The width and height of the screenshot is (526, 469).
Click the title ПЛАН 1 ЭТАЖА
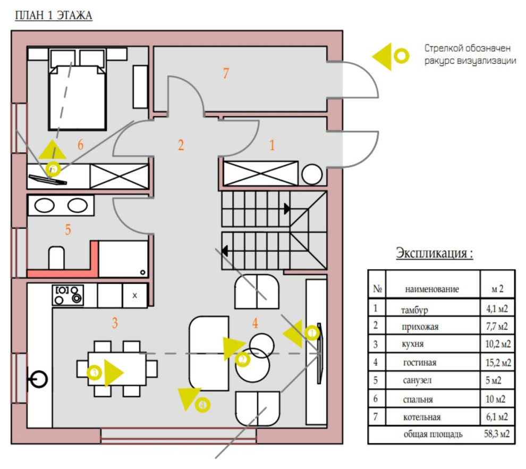coord(54,15)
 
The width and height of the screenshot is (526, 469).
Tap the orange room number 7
coord(226,73)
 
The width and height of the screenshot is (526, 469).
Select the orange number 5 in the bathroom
coord(68,230)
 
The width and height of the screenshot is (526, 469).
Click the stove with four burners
coord(68,295)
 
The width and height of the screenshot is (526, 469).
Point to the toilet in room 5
coord(56,258)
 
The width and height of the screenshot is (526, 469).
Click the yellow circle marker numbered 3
coord(94,373)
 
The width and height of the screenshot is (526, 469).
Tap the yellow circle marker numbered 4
coord(202,405)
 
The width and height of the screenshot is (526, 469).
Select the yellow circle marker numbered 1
coord(312,333)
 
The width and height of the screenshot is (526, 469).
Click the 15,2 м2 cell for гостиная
coord(498,363)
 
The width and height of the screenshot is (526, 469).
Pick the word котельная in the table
coord(422,417)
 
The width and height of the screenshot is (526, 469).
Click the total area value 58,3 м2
coord(497,434)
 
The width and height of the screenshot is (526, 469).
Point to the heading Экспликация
coord(435,253)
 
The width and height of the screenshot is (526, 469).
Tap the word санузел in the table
coord(417,380)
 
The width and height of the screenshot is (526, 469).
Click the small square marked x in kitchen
coord(135,296)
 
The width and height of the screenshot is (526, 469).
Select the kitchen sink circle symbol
coord(38,379)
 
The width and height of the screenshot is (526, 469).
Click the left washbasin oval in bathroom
coord(44,205)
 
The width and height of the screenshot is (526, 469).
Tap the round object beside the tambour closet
coord(312,174)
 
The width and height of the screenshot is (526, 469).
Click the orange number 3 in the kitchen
coord(115,323)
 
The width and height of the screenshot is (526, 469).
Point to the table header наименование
coord(432,289)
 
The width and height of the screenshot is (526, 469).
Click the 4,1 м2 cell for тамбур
coord(497,309)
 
